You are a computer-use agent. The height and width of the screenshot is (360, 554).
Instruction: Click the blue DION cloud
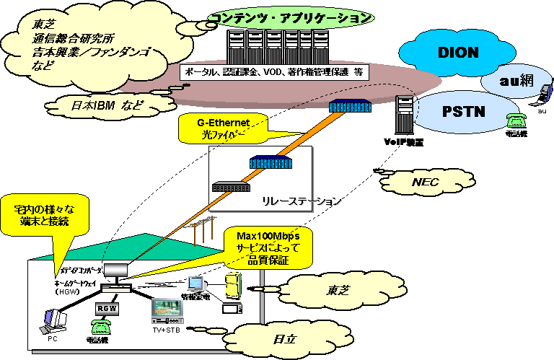459,53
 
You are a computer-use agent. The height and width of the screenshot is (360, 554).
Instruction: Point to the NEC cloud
425,182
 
